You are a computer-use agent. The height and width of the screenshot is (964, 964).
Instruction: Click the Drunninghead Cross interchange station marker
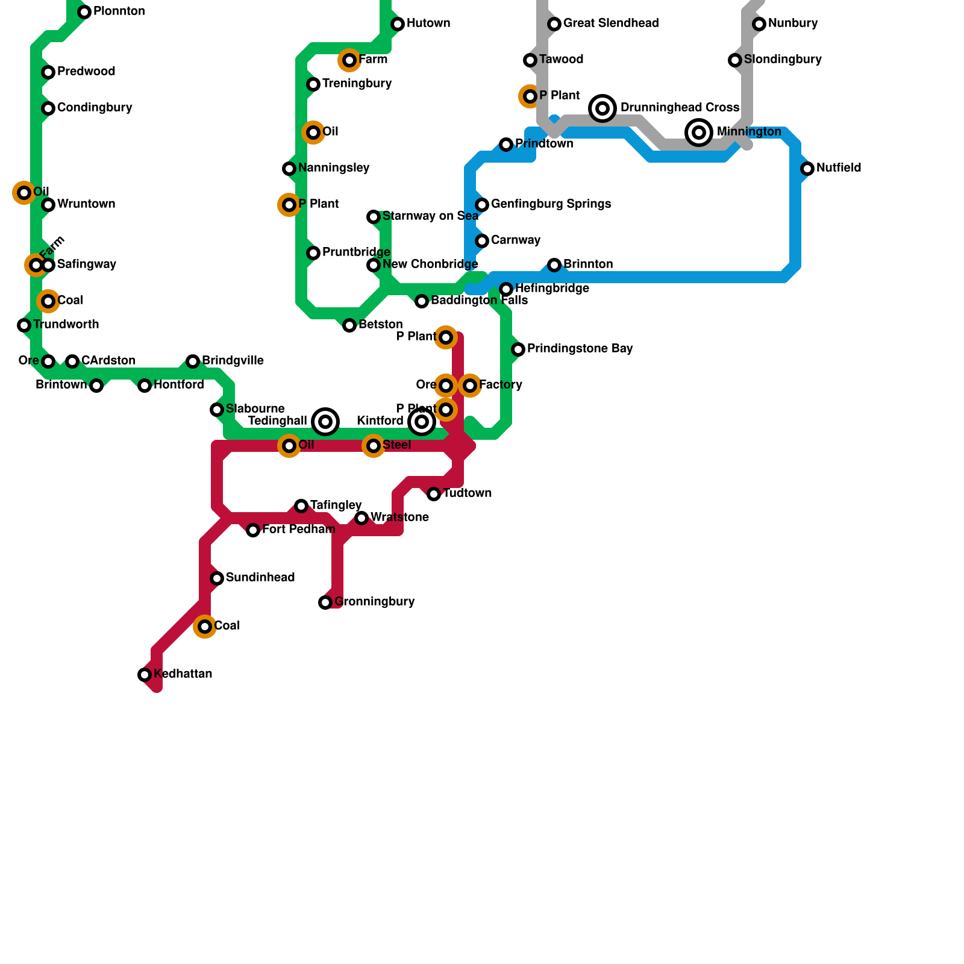602,108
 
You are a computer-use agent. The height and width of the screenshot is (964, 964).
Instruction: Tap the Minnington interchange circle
699,133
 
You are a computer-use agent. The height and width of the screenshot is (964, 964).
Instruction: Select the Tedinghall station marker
325,422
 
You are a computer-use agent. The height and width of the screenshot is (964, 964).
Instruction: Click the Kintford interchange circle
422,422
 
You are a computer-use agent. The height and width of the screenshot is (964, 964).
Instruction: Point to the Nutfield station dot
807,169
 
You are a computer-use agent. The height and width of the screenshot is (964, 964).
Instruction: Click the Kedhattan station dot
145,675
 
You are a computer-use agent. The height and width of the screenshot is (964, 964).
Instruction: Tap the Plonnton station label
119,11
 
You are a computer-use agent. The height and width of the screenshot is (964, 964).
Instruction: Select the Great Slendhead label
610,23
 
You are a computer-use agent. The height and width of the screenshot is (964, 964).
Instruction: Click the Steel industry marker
374,446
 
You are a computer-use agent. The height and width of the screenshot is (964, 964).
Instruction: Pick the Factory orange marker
470,386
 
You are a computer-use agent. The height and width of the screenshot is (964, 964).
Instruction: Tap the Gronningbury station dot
325,602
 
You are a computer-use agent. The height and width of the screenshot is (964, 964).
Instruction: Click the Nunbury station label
792,23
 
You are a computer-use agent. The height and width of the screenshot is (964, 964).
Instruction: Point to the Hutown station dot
398,24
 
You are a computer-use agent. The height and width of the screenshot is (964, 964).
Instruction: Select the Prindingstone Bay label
580,349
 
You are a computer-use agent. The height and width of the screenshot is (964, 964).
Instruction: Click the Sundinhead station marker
217,578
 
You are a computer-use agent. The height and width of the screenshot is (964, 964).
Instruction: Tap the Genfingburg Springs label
551,204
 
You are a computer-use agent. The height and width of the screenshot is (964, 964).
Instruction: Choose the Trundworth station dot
24,325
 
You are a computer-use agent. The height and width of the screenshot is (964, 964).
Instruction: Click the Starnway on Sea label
430,216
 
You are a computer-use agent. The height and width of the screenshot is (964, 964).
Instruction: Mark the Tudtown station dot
434,494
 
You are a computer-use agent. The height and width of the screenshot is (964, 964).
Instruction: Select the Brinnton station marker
554,265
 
